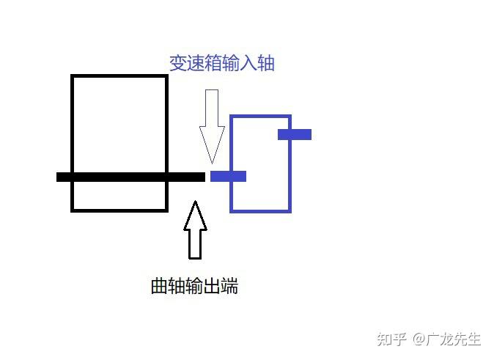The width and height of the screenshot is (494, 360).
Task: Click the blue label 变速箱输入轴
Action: click(221, 64)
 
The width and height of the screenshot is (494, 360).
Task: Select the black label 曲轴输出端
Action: click(194, 286)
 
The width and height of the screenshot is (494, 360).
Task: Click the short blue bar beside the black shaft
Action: click(228, 176)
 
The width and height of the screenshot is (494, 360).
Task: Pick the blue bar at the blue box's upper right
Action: click(295, 134)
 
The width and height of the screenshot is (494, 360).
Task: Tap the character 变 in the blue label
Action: click(178, 64)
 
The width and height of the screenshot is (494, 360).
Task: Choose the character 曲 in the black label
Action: click(159, 286)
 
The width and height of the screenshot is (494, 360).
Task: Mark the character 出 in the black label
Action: click(212, 286)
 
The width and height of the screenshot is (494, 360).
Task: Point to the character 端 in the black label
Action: click(229, 286)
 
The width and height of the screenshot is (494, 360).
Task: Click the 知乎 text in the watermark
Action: click(391, 339)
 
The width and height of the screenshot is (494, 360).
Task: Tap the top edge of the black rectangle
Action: click(119, 76)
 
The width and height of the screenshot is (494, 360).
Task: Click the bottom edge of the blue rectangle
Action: click(260, 210)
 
